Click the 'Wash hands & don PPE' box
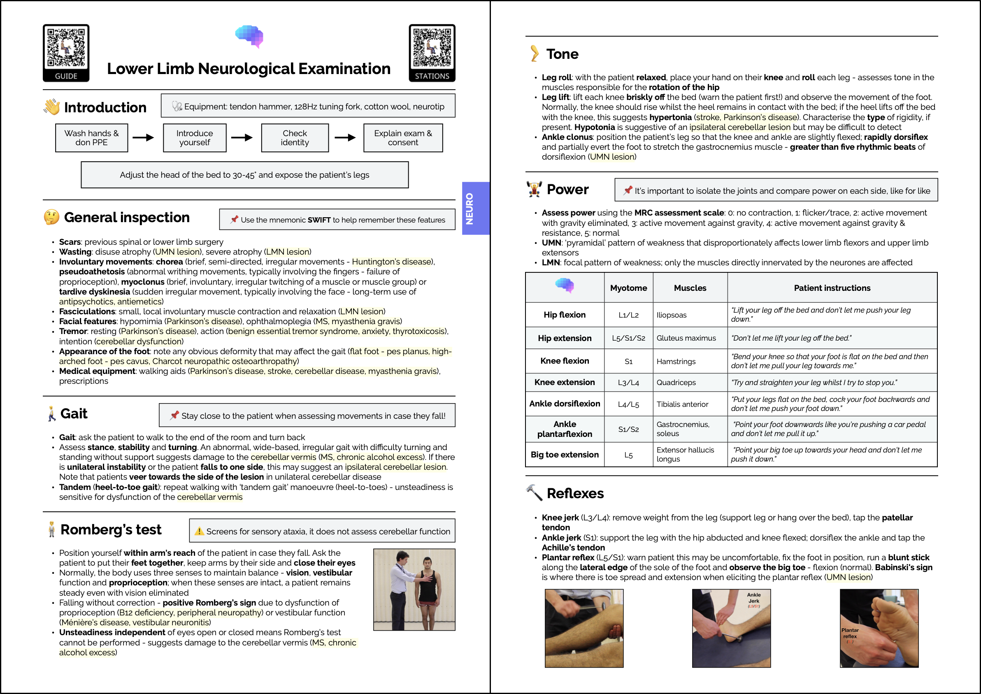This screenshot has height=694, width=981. tap(91, 137)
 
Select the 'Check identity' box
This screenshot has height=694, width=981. tap(295, 137)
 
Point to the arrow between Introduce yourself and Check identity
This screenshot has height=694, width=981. tap(242, 137)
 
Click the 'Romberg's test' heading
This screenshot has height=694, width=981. tap(111, 529)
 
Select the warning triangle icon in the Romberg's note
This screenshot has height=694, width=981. tap(199, 531)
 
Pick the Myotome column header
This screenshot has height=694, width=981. tap(628, 288)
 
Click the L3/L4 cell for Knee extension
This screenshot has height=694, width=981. tap(628, 383)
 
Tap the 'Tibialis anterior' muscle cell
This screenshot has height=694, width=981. tap(682, 404)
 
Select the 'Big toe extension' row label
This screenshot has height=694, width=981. tap(564, 454)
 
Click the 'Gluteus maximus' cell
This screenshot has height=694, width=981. tap(686, 338)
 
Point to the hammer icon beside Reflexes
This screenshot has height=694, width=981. tap(534, 493)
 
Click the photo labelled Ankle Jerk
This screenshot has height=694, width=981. tap(731, 628)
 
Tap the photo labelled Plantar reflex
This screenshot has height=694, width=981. tap(879, 628)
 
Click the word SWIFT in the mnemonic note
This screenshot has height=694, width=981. tap(319, 220)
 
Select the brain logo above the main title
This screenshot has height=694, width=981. tap(250, 36)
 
